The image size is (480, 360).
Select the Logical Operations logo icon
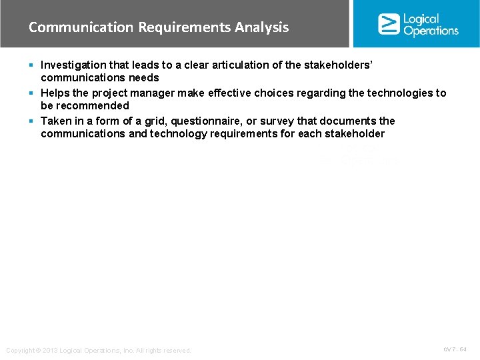pos(389,24)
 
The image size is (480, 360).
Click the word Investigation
pos(71,65)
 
